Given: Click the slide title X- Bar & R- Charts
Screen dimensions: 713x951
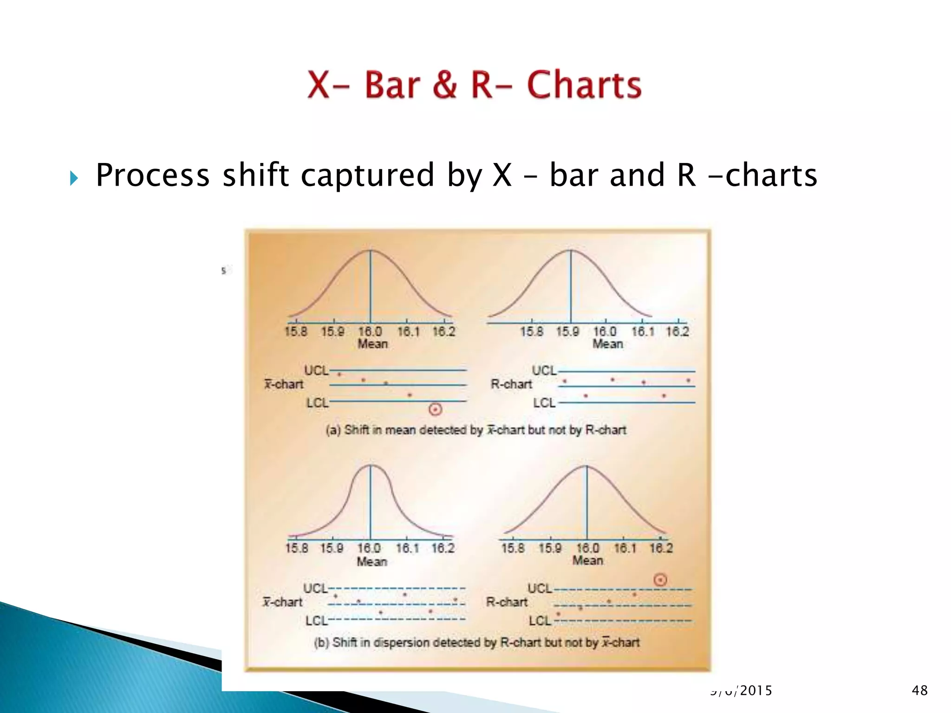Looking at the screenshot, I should (x=474, y=85).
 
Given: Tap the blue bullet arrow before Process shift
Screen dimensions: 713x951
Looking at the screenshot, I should (x=74, y=178).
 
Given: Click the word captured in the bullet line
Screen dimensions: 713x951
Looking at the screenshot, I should (x=367, y=175).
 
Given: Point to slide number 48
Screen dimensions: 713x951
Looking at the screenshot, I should (x=919, y=690).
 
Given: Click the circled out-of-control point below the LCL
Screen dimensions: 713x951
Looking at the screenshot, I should (x=435, y=409).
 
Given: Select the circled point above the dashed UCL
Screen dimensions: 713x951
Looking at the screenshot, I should (x=660, y=580).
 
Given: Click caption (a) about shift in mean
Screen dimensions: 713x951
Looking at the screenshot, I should (x=476, y=430).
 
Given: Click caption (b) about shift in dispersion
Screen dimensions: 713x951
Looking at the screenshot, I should (x=476, y=642).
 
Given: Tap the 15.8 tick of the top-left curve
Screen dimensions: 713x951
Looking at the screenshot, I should (x=296, y=331).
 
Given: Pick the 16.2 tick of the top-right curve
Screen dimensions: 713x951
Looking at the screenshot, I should (x=677, y=331).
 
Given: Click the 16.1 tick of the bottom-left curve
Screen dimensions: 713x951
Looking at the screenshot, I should (x=407, y=548).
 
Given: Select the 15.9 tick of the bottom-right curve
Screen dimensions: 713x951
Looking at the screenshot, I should (x=550, y=548).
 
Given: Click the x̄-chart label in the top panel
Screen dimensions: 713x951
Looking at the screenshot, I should (x=284, y=384).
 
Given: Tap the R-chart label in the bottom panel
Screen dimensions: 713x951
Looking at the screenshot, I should (x=507, y=602).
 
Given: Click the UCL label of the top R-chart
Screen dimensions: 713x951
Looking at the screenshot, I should (x=544, y=370).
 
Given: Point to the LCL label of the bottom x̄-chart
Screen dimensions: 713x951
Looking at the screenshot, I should (x=316, y=621).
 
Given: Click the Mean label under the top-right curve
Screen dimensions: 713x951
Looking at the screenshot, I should (x=607, y=344).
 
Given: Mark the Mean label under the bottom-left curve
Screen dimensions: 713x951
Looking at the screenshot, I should (x=371, y=561).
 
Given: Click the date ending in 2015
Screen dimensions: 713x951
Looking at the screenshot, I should (x=741, y=691).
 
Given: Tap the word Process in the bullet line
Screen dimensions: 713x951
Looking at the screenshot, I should (x=153, y=175).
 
